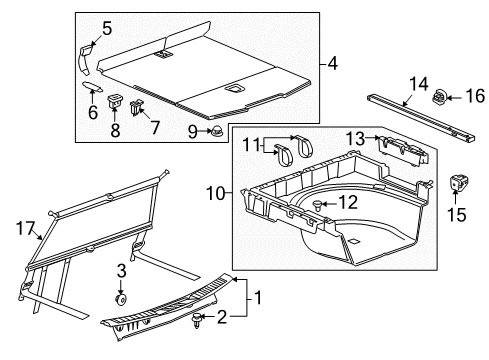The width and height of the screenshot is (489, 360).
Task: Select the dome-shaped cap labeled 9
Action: tap(215, 132)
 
